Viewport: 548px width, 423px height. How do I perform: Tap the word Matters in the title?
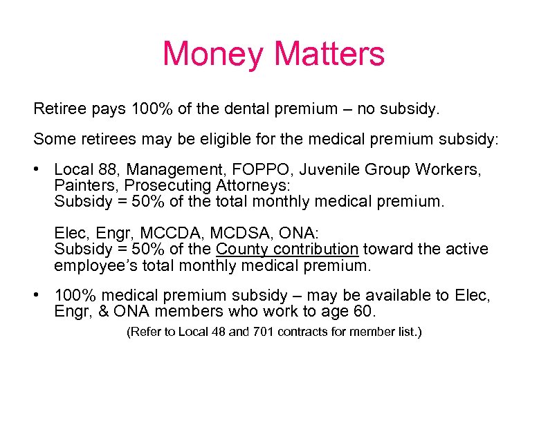click(x=329, y=54)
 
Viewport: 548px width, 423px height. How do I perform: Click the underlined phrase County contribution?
click(x=287, y=249)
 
